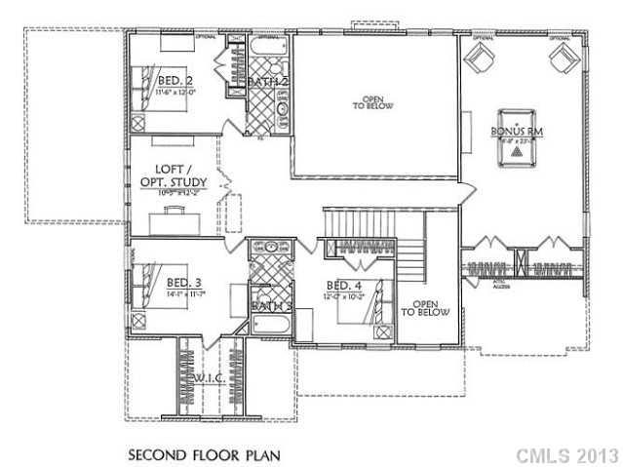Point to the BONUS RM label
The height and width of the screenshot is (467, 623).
(517, 130)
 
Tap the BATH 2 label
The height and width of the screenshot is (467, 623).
(267, 83)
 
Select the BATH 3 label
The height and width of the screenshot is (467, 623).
(270, 306)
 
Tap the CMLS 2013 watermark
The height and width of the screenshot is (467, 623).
(568, 454)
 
